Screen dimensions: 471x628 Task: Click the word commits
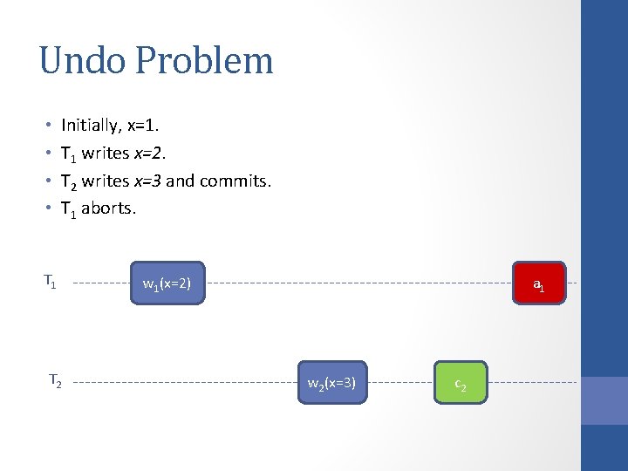coord(235,181)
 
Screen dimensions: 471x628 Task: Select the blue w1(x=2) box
coord(167,283)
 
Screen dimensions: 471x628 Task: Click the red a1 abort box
coord(539,283)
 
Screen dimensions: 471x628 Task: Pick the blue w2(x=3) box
coord(331,382)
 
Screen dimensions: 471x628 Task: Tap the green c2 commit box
coord(460,382)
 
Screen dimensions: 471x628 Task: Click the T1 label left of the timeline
coord(51,281)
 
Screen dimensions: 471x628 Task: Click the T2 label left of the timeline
coord(54,379)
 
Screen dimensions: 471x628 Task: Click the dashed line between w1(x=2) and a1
coord(358,283)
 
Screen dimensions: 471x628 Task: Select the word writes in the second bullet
coord(106,154)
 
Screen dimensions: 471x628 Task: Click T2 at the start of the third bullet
coord(68,181)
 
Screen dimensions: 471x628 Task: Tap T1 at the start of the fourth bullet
coord(68,209)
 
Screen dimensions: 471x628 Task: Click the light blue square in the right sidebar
coord(604,400)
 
